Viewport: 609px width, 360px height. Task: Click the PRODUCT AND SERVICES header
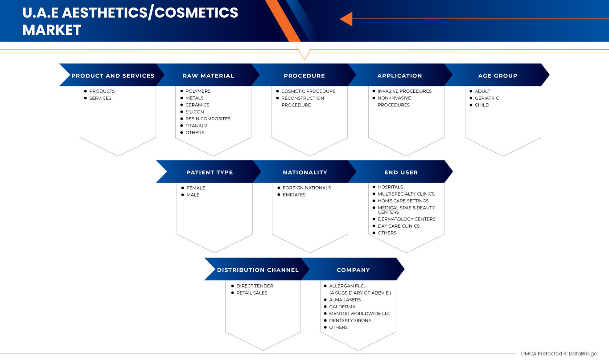[x=113, y=76]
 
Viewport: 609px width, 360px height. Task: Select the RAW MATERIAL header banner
[x=208, y=76]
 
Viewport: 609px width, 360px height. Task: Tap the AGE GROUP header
[x=498, y=76]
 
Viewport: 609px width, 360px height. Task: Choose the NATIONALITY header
[x=305, y=172]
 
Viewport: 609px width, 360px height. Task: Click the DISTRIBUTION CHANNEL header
[x=258, y=270]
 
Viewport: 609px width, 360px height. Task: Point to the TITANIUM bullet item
[x=196, y=126]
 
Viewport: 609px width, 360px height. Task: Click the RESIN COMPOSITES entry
[x=208, y=119]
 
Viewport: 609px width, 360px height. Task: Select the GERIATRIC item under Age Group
[x=486, y=98]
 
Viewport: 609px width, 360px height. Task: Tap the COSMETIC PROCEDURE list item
[x=308, y=91]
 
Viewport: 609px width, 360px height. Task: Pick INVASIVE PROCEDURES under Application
[x=404, y=91]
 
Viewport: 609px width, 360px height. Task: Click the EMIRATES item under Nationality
[x=294, y=195]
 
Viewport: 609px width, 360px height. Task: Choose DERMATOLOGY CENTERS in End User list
[x=406, y=219]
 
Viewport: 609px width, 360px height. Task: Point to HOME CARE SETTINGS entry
[x=403, y=201]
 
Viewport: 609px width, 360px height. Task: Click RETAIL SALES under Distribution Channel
[x=251, y=293]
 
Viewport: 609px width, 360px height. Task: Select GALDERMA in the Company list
[x=342, y=307]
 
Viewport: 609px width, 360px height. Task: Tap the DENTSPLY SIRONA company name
[x=350, y=320]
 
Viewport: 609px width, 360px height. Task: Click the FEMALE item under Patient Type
[x=196, y=188]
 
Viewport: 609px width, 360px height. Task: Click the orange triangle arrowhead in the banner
[x=346, y=19]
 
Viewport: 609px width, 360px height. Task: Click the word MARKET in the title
[x=52, y=30]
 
